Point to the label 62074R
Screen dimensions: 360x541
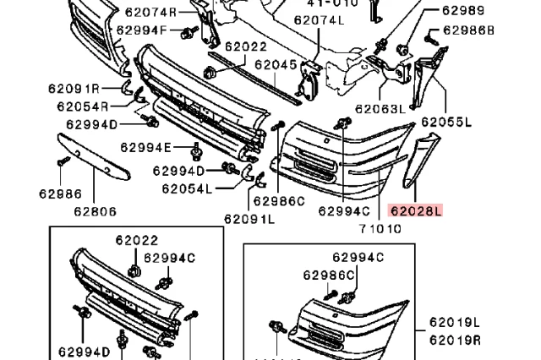click(151, 12)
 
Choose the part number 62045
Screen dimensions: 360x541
click(276, 64)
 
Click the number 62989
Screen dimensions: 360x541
click(463, 11)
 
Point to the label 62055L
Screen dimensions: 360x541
click(446, 123)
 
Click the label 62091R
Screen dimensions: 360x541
click(72, 88)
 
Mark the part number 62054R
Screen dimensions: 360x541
click(83, 106)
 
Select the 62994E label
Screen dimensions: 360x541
click(145, 147)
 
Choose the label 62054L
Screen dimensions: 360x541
click(184, 188)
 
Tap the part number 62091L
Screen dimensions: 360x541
click(249, 219)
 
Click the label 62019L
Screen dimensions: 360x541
click(454, 322)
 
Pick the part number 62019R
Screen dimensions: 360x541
click(454, 340)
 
